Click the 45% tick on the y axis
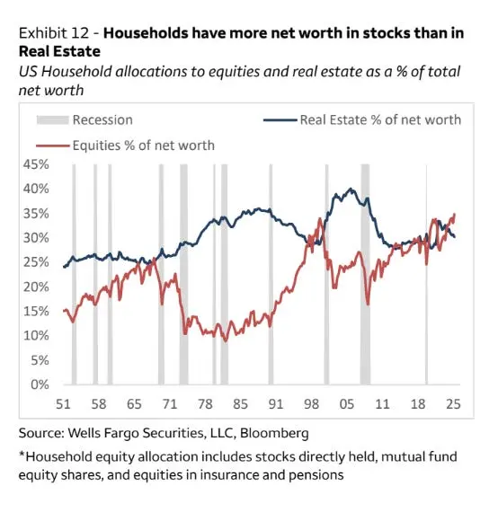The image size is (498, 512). point(36,164)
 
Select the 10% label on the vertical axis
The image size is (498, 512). point(36,336)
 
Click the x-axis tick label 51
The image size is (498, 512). point(65,404)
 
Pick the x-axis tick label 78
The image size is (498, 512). point(206,404)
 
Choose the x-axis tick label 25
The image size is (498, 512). point(451,404)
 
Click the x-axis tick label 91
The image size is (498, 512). point(275,404)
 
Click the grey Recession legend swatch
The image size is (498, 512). point(51,119)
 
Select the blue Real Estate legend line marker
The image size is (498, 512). point(279,119)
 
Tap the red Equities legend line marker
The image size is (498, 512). point(51,144)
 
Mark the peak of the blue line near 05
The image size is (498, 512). point(351,190)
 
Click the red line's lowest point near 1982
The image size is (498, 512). point(226,340)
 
